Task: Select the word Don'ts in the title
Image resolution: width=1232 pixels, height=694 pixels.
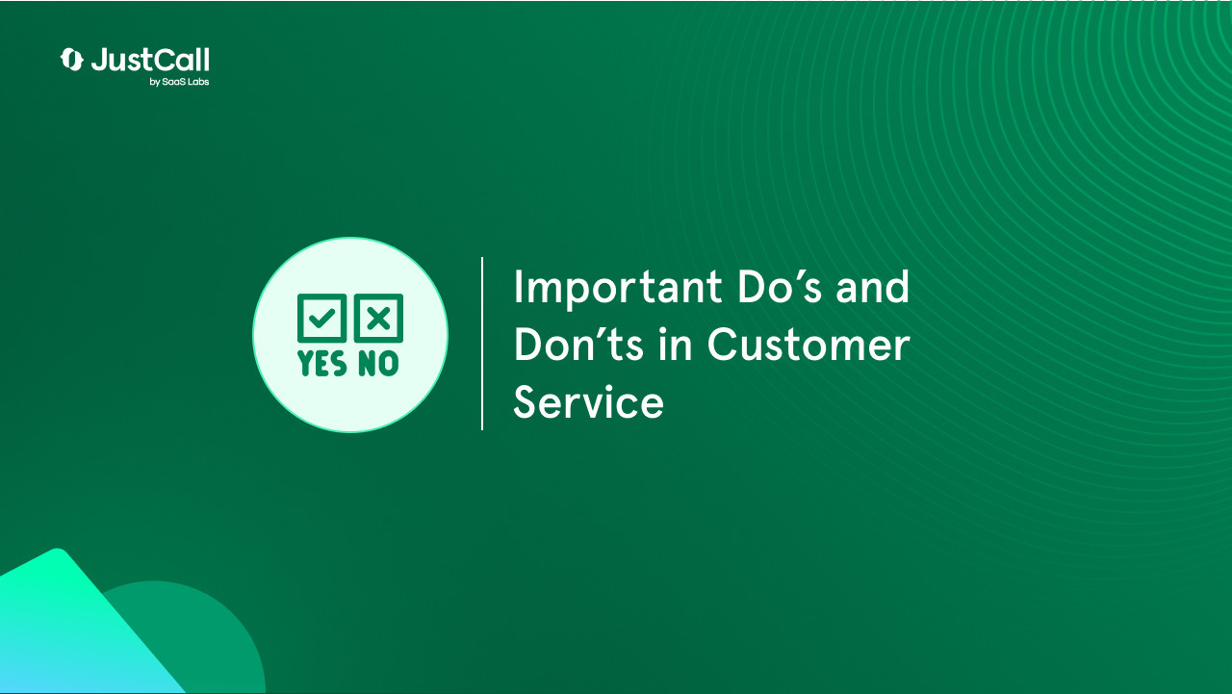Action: pyautogui.click(x=577, y=345)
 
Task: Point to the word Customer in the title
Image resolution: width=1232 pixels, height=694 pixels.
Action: pyautogui.click(x=808, y=345)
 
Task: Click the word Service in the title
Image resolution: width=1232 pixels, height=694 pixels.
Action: pyautogui.click(x=588, y=402)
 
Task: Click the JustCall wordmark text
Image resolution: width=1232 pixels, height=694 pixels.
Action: pyautogui.click(x=150, y=60)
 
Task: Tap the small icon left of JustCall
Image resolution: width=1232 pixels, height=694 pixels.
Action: pyautogui.click(x=72, y=60)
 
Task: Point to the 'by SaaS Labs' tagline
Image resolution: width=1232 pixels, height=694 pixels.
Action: pyautogui.click(x=179, y=82)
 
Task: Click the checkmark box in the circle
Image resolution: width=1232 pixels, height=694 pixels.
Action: pyautogui.click(x=321, y=319)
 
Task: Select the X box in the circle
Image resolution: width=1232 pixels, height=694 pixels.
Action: pyautogui.click(x=379, y=319)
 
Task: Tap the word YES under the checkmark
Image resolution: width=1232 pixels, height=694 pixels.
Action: pyautogui.click(x=322, y=363)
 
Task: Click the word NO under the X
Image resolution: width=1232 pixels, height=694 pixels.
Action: pyautogui.click(x=378, y=363)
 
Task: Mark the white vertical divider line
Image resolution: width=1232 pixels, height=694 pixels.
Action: pyautogui.click(x=482, y=344)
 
